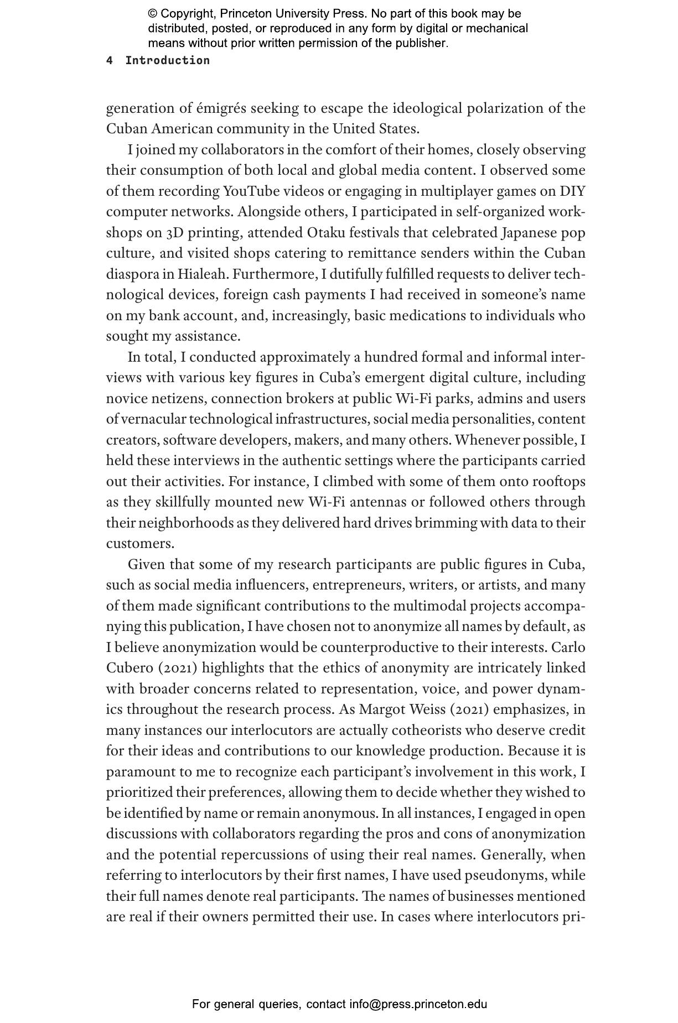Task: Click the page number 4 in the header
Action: [110, 61]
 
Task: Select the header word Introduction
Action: [168, 61]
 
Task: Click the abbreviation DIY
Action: [572, 191]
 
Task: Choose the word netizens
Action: [179, 399]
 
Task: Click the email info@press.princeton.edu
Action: [418, 1004]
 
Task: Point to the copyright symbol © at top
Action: [153, 14]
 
